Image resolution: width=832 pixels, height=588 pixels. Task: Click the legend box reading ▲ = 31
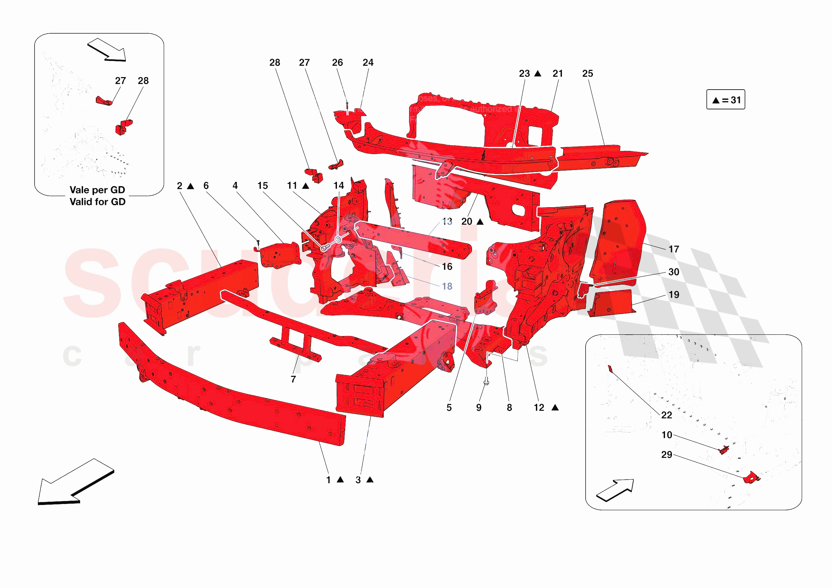[726, 100]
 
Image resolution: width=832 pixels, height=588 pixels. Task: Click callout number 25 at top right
[587, 73]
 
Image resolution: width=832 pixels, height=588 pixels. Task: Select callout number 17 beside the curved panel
[674, 249]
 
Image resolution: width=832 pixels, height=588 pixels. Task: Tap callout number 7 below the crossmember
[293, 379]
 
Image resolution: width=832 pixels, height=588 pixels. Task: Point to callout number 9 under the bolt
[479, 408]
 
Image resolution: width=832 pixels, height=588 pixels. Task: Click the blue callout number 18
[447, 286]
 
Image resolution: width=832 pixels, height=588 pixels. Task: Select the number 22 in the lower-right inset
[666, 415]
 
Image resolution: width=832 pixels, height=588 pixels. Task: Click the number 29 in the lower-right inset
[666, 455]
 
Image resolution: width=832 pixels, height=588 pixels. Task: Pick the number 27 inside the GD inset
[120, 81]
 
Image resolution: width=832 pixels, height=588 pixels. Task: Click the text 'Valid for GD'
[97, 202]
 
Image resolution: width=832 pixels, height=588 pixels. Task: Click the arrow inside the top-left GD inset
[107, 50]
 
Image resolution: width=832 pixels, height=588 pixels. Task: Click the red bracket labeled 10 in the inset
[724, 450]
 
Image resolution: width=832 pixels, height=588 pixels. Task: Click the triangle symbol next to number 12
[555, 408]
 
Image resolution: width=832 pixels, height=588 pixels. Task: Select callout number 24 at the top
[368, 63]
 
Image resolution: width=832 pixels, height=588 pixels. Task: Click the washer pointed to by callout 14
[338, 239]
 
